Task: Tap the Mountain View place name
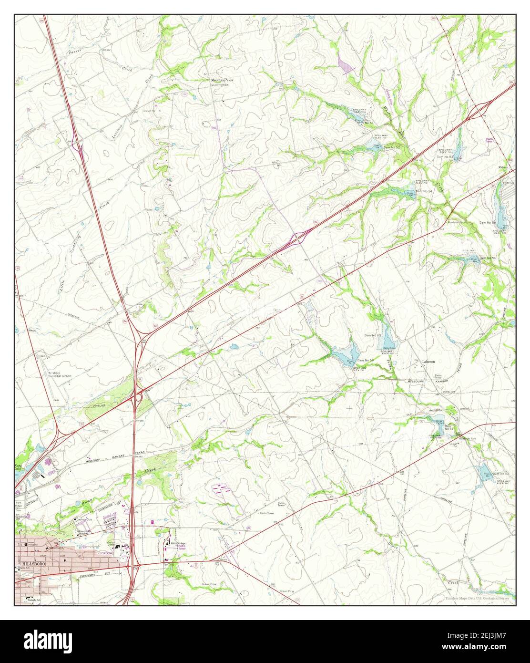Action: click(x=223, y=81)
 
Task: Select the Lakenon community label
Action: click(x=428, y=362)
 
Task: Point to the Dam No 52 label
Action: click(x=392, y=147)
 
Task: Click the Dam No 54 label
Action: click(x=424, y=191)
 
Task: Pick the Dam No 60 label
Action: click(x=373, y=335)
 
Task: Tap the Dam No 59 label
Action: click(x=366, y=360)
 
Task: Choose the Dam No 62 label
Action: click(x=501, y=474)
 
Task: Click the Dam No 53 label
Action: click(x=445, y=156)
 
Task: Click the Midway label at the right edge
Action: click(x=503, y=167)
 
